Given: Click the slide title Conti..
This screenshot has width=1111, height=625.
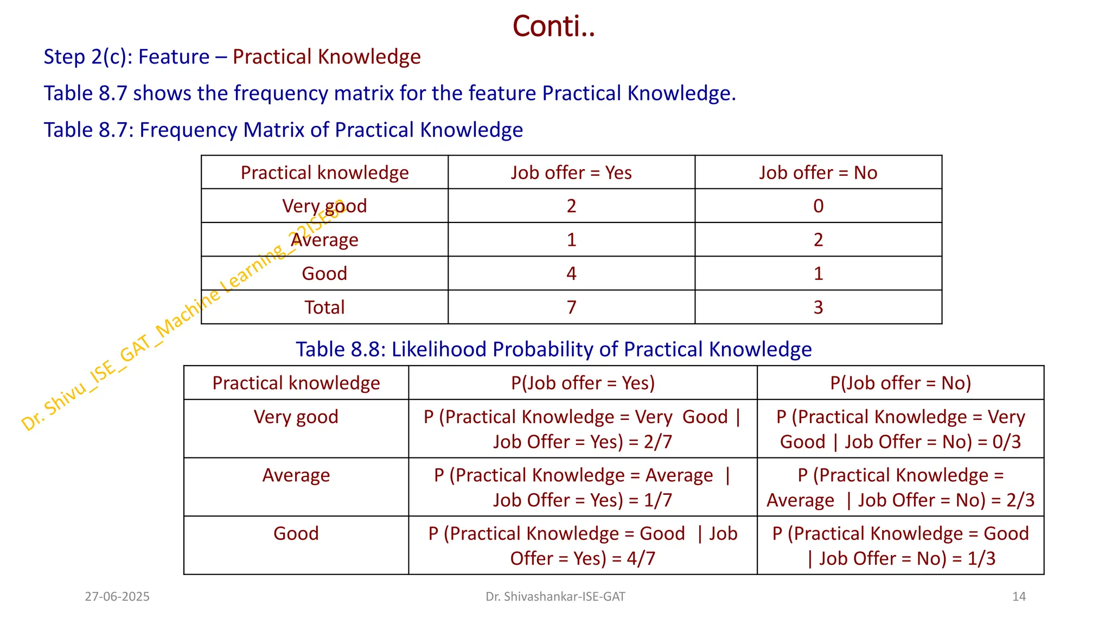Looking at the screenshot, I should click(553, 26).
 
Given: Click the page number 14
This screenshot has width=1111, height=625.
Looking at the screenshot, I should click(1019, 597).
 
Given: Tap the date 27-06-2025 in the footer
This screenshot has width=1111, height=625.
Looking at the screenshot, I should click(117, 597).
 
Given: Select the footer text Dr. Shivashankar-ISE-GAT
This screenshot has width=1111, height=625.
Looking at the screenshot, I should click(555, 597).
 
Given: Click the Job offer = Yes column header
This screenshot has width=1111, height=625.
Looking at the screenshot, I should click(571, 173).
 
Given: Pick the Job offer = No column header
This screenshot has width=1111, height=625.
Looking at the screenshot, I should click(818, 173).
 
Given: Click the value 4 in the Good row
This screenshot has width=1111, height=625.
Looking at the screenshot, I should click(571, 273).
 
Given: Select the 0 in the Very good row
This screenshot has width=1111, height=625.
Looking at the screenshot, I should click(818, 206).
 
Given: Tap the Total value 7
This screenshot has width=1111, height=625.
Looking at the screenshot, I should click(571, 308).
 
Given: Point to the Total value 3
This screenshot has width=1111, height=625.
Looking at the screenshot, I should click(818, 308).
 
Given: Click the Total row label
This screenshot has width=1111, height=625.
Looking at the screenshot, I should click(324, 308).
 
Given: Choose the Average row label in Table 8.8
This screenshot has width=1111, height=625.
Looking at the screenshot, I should click(296, 475).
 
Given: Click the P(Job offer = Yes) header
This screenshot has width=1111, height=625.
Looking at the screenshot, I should click(583, 383).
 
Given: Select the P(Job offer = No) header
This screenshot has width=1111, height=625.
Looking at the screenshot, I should click(901, 383).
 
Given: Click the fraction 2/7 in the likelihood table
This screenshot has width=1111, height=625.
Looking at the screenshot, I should click(658, 442).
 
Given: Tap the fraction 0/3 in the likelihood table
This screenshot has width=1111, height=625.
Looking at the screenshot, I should click(1007, 442).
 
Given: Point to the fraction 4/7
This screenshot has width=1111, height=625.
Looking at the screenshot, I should click(641, 559).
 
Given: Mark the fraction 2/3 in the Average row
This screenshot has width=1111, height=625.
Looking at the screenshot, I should click(1020, 500).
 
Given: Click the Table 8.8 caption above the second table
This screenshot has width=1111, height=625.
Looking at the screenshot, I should click(553, 349).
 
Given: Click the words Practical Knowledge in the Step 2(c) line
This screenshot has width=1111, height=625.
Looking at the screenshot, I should click(327, 57).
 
